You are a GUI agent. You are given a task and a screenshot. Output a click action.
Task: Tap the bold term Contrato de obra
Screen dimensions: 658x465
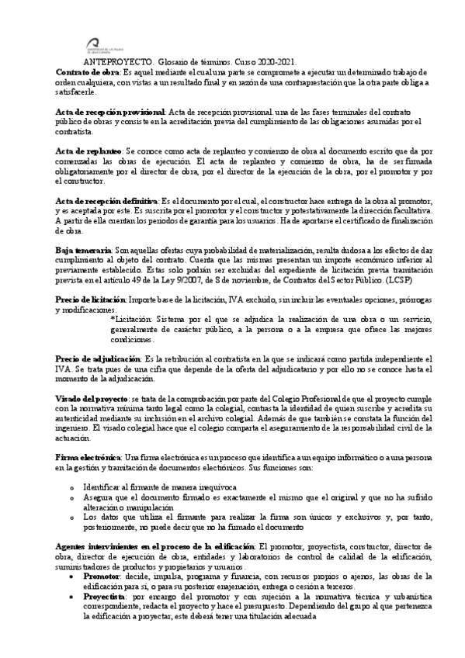83,72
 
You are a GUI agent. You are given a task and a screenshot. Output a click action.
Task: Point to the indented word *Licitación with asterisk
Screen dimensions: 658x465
133,319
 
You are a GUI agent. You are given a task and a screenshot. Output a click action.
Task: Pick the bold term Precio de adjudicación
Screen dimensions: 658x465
97,359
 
